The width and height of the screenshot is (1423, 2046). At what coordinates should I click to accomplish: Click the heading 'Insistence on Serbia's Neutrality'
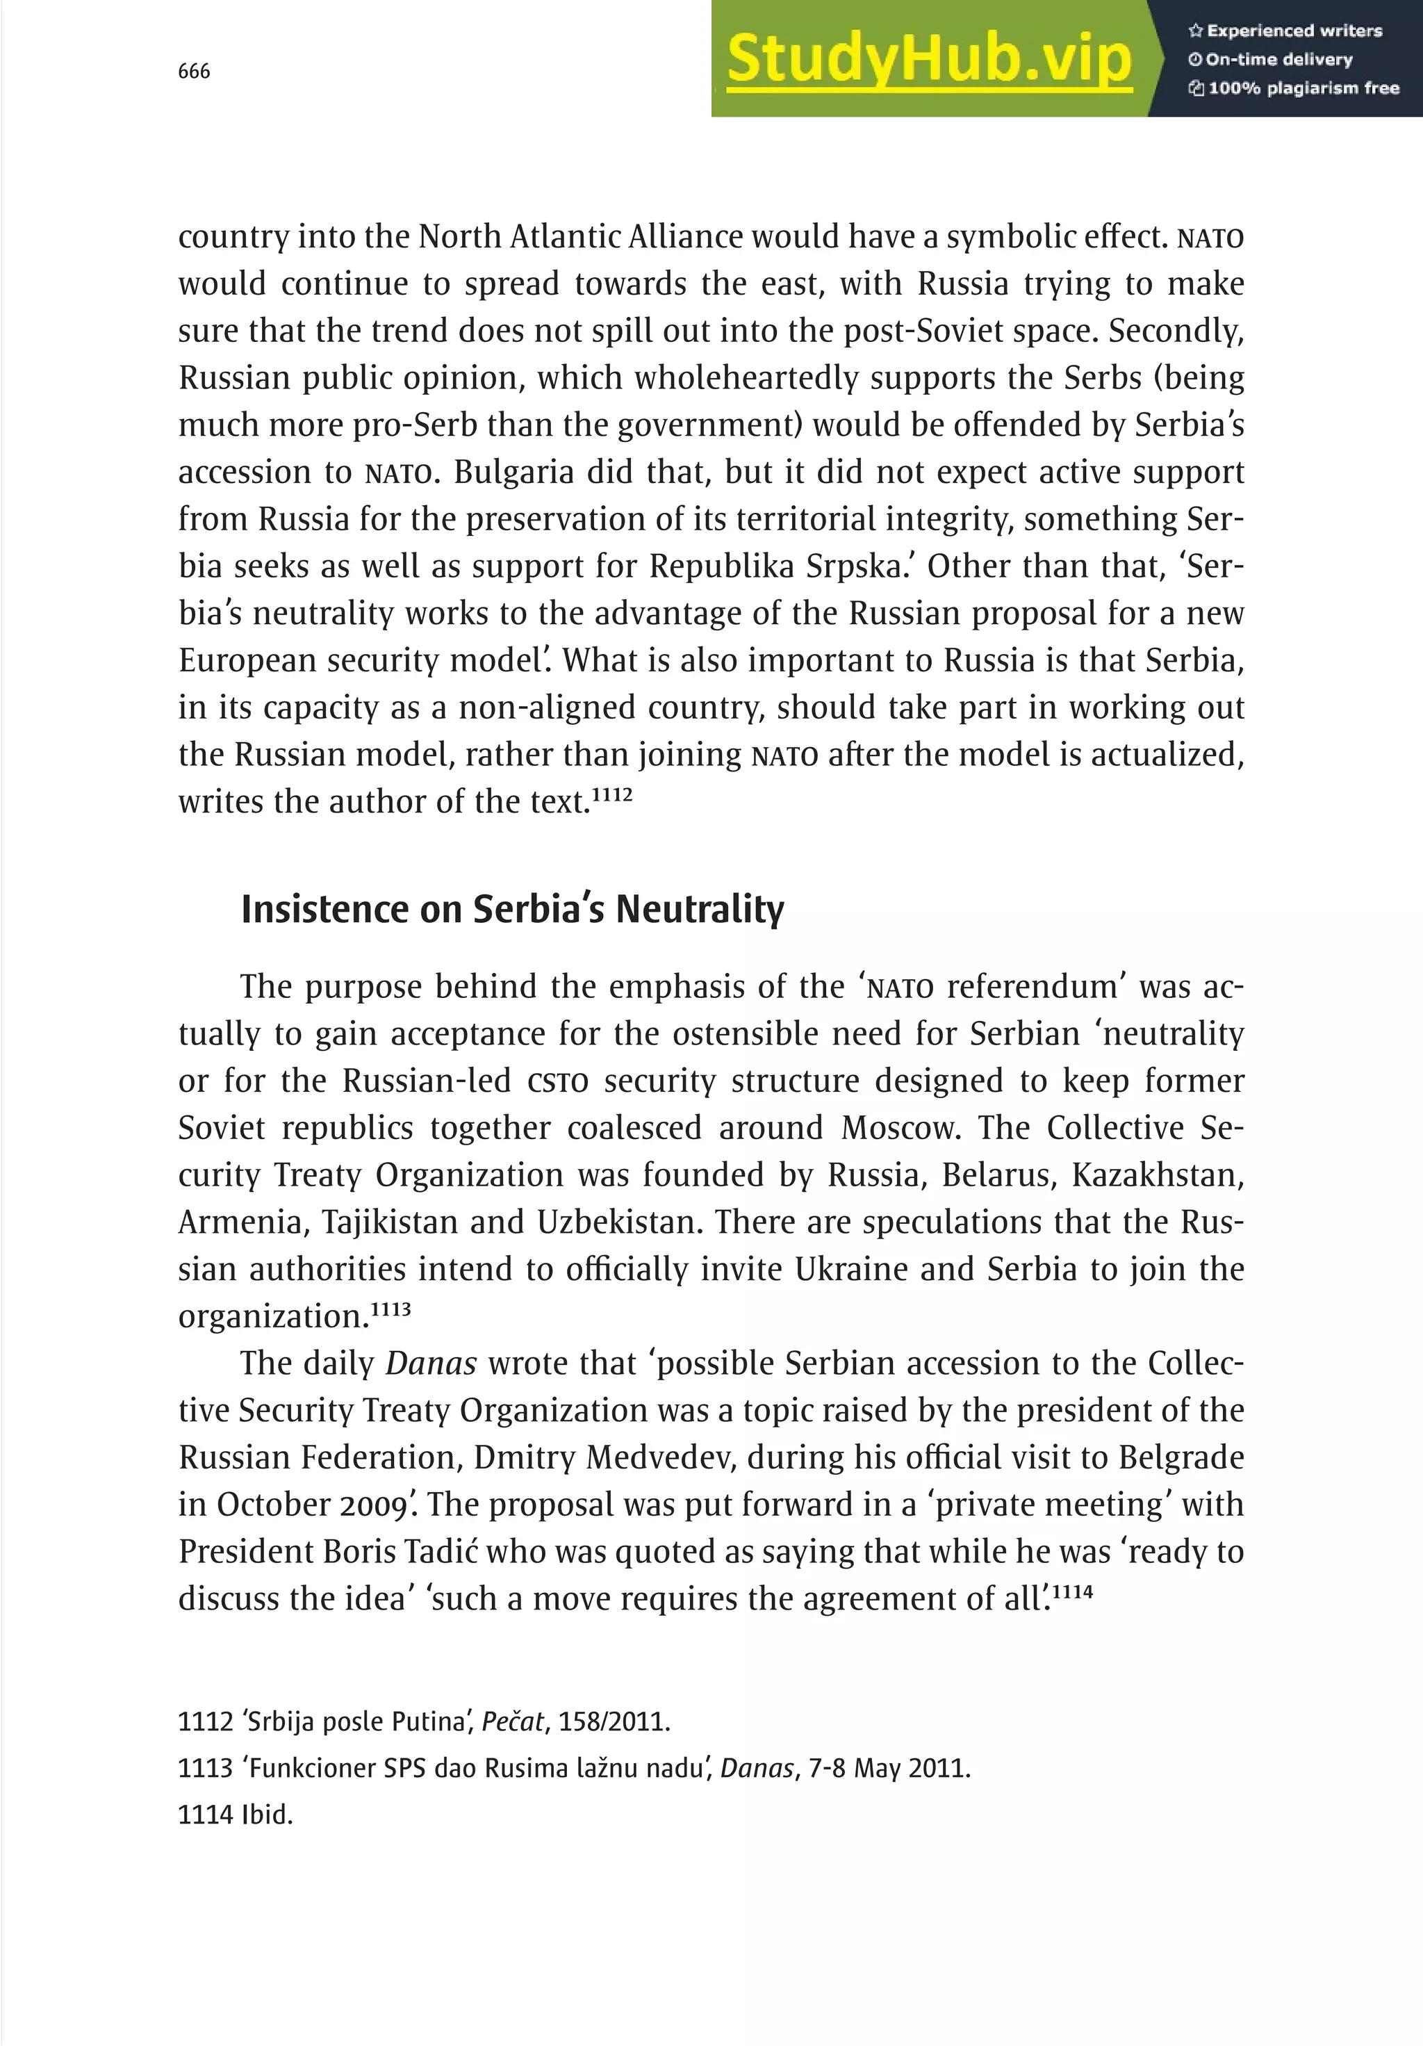click(512, 909)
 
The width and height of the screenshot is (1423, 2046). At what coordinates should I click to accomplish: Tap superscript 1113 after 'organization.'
click(390, 1308)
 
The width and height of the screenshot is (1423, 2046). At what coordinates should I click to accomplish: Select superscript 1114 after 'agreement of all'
click(1072, 1589)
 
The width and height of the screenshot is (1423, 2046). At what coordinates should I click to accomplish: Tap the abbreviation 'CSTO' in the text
click(558, 1082)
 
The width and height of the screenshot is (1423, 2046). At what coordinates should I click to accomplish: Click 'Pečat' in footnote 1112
click(512, 1721)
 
